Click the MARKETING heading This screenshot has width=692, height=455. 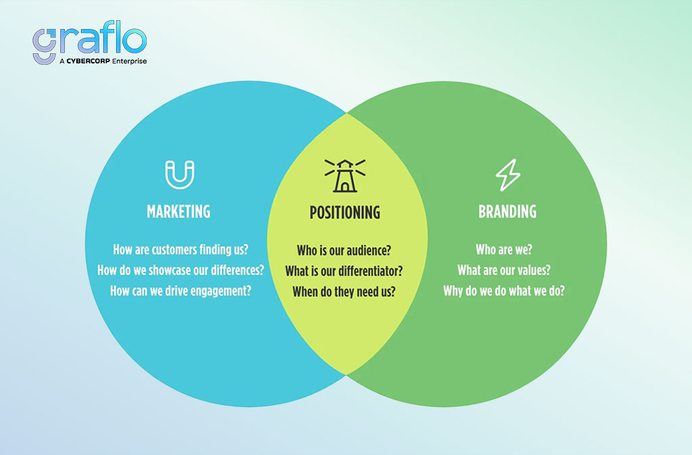(178, 211)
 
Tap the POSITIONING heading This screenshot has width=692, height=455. (345, 213)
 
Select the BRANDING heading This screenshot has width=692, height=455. (508, 211)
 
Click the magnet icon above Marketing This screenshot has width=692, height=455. (180, 175)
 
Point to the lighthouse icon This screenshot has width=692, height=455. (345, 176)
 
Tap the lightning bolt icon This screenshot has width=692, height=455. (508, 175)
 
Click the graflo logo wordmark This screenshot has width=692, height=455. (90, 38)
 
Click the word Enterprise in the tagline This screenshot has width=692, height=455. (129, 61)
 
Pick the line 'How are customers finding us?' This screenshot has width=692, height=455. (180, 250)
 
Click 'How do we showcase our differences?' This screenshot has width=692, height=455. (180, 270)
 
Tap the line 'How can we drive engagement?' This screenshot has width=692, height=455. (180, 291)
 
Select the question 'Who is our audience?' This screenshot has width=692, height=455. (344, 250)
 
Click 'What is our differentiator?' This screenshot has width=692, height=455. (344, 271)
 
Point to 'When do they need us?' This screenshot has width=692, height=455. (344, 292)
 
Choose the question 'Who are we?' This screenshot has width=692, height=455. (504, 250)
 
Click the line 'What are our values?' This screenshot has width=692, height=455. (504, 270)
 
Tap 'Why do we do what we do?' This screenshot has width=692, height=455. (504, 291)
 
